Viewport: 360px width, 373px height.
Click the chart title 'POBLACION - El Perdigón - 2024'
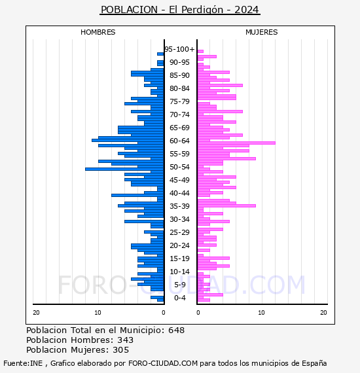(x=180, y=10)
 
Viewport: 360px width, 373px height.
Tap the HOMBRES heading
(x=98, y=32)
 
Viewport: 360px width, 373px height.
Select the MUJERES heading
(x=262, y=32)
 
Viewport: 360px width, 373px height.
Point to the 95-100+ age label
(x=179, y=49)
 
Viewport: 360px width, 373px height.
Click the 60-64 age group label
(x=179, y=141)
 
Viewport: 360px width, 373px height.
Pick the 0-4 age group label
(x=179, y=298)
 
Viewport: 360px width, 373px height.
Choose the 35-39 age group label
(x=179, y=206)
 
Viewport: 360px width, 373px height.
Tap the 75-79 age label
(x=179, y=101)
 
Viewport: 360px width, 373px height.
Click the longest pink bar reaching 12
(x=236, y=143)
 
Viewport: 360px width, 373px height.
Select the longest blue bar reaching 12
(x=124, y=169)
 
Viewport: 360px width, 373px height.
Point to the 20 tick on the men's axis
(x=36, y=313)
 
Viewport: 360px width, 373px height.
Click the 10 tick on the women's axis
(x=261, y=313)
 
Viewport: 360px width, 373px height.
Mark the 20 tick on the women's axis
(x=323, y=313)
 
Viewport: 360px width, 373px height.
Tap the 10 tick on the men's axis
(x=98, y=313)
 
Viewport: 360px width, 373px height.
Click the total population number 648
(x=176, y=330)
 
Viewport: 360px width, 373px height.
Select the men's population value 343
(x=126, y=340)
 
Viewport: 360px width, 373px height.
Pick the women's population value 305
(x=121, y=350)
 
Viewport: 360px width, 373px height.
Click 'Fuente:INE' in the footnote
(x=23, y=363)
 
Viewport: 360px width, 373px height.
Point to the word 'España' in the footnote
(x=314, y=364)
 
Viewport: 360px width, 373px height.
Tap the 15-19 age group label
(x=179, y=258)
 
